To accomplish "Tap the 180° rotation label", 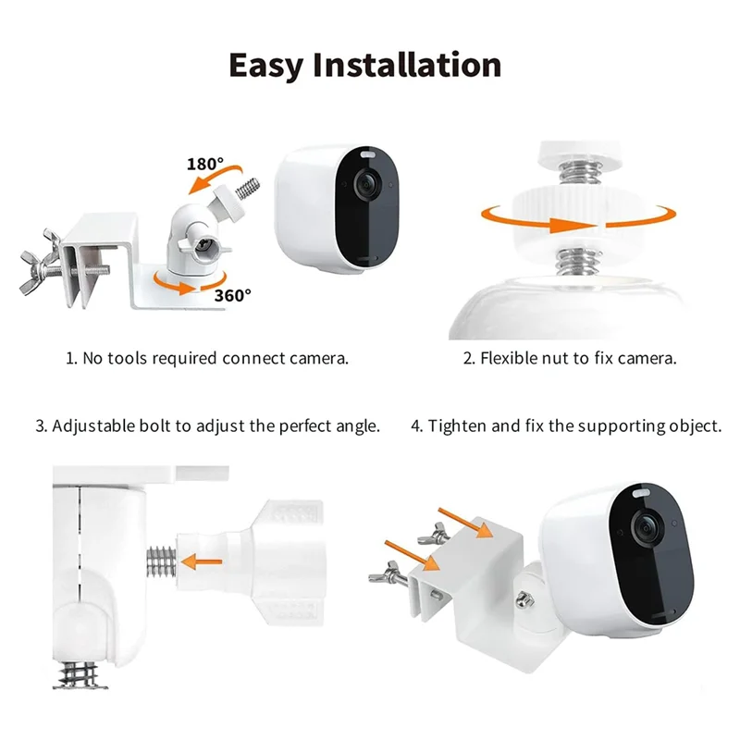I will tap(204, 164).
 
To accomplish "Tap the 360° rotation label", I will tap(233, 295).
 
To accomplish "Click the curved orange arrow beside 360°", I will tap(177, 282).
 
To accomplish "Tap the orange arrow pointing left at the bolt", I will tap(203, 560).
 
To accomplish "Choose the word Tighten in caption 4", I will tap(461, 426).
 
